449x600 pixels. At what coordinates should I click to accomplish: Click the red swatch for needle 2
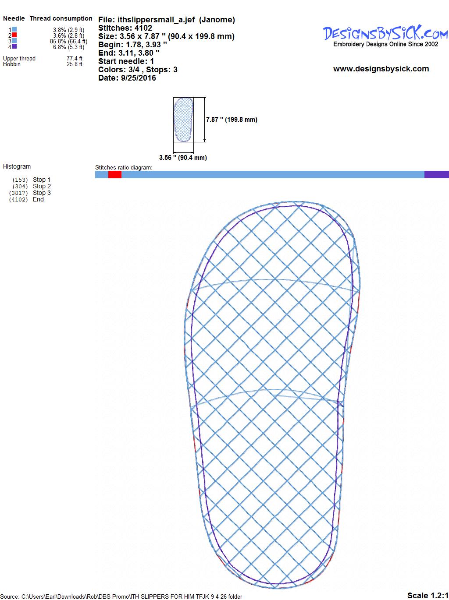pos(14,35)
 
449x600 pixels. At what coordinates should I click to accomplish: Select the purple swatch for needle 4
pos(14,46)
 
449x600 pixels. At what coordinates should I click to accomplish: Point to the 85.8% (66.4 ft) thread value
pos(69,41)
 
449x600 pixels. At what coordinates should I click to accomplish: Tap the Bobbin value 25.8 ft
pos(75,64)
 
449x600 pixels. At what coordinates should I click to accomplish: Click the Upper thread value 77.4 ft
pos(75,59)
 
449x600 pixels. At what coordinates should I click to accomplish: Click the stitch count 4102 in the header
pos(143,28)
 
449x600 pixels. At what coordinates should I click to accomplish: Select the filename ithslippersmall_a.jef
pos(156,20)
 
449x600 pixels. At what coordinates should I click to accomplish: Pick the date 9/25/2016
pos(139,78)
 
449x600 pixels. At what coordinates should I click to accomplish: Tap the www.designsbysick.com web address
pos(381,69)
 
